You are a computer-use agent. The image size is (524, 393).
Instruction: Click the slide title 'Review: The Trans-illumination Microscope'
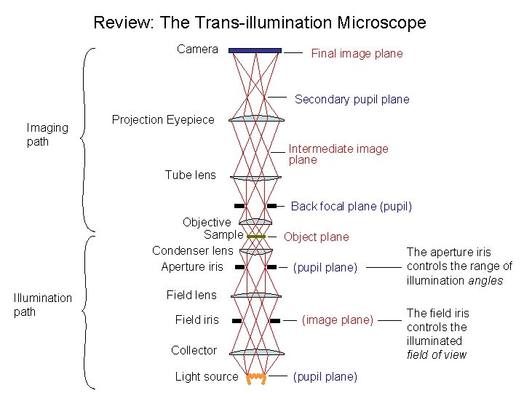(260, 23)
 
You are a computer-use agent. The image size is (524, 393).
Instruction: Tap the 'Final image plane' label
(357, 53)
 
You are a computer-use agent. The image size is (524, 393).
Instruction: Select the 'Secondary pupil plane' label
(352, 99)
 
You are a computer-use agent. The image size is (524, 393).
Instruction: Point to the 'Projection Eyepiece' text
(163, 119)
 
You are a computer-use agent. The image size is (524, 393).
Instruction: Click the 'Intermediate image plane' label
(338, 154)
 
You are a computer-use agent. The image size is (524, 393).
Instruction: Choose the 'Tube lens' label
(190, 175)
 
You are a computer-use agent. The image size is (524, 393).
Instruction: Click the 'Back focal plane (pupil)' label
(351, 206)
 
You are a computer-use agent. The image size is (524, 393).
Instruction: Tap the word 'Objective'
(207, 222)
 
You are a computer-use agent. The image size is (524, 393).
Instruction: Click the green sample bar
(255, 237)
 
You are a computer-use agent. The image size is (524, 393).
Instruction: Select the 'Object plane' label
(316, 237)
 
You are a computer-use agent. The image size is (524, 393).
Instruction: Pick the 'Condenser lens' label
(192, 250)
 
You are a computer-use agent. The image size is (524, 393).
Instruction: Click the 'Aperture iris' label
(192, 266)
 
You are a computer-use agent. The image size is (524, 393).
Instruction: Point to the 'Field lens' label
(191, 295)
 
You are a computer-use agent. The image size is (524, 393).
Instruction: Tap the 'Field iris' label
(196, 319)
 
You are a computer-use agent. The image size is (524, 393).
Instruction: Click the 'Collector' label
(194, 350)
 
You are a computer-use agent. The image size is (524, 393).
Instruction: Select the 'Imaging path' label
(47, 135)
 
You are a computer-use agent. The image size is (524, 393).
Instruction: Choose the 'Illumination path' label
(43, 305)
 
